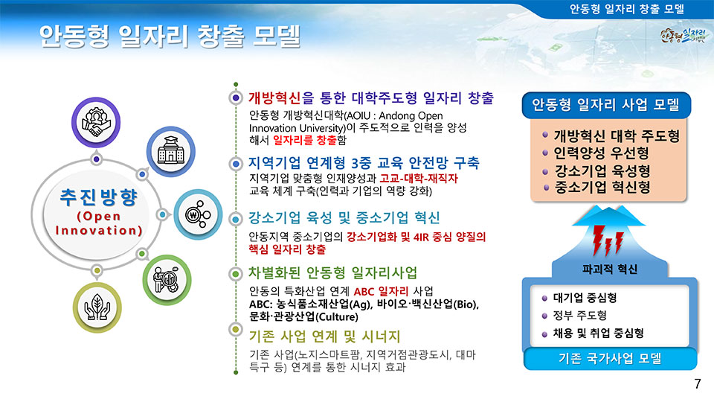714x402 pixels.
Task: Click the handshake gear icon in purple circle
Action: point(96,122)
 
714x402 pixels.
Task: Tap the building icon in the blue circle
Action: point(171,151)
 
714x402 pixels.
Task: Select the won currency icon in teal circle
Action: point(198,214)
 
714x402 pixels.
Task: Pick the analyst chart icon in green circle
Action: point(167,279)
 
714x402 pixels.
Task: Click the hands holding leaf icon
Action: point(97,307)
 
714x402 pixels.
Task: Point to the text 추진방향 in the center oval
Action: point(99,197)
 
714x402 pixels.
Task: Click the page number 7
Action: point(698,384)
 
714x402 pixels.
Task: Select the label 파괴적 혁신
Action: point(610,269)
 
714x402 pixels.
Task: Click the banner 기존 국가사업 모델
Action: point(610,358)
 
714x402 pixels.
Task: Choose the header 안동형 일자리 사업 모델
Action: point(606,105)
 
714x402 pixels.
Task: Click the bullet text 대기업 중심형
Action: point(585,298)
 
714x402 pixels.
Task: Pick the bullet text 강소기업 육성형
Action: point(602,171)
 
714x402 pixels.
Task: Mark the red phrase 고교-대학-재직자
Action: point(419,178)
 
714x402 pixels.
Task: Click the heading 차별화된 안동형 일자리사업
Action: point(332,273)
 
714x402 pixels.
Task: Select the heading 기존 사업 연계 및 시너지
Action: point(324,336)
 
